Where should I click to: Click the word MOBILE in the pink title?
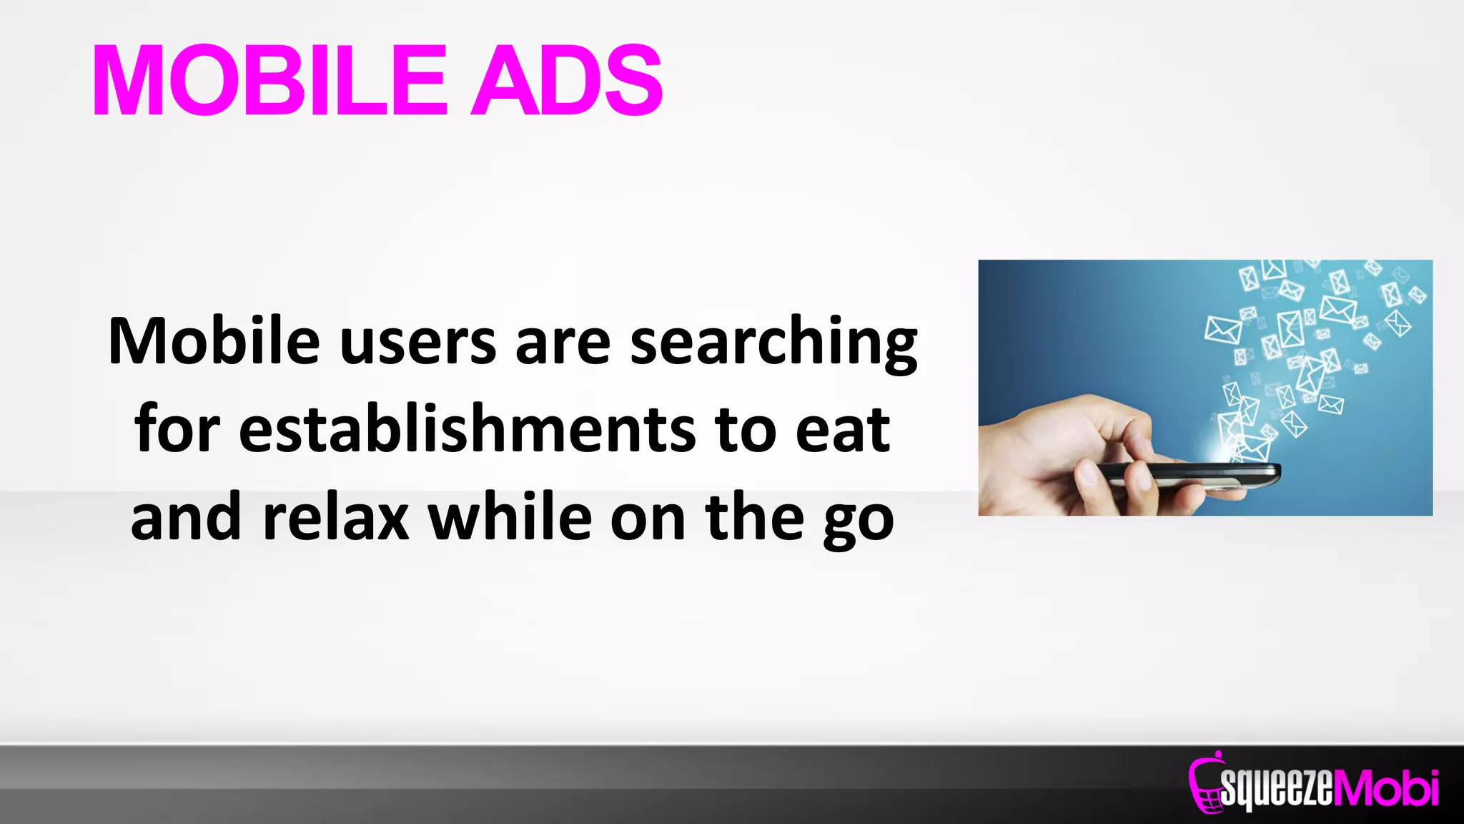(x=269, y=80)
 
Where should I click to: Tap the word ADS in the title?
(x=566, y=80)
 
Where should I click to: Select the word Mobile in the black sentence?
(x=213, y=341)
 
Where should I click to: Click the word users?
(x=417, y=343)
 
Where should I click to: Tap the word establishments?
(x=467, y=429)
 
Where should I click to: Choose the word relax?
(x=335, y=517)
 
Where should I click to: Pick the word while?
(x=510, y=517)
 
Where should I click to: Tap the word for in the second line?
(x=177, y=429)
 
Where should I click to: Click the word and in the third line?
(x=186, y=517)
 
